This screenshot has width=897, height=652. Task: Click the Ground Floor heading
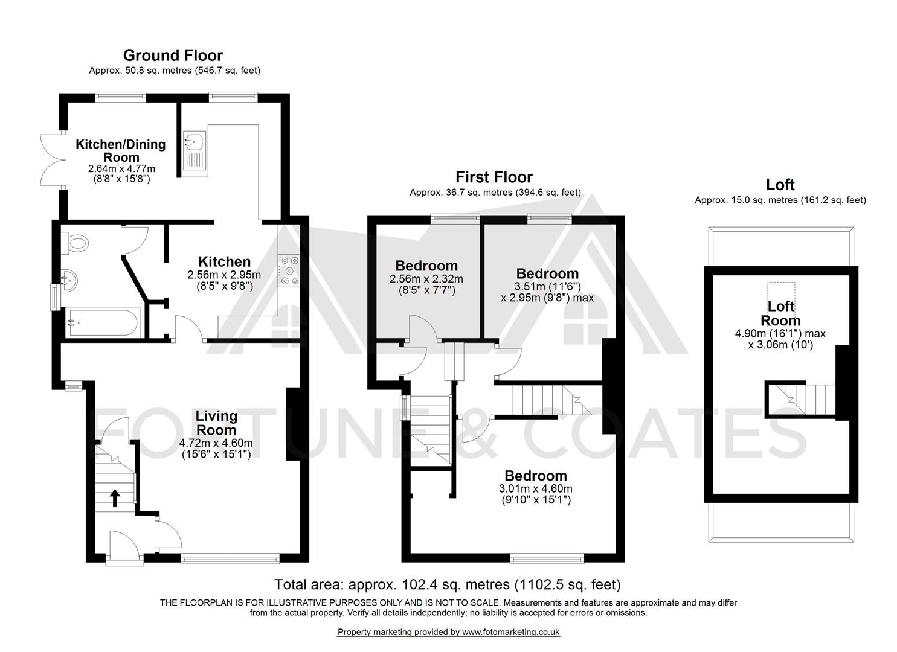(x=173, y=55)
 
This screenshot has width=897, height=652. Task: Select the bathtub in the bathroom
(x=103, y=322)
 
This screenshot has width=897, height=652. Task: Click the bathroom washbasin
(x=69, y=280)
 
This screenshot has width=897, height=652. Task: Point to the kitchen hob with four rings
(x=290, y=271)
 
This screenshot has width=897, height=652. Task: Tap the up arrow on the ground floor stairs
(x=115, y=498)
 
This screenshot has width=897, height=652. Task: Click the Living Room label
(x=216, y=423)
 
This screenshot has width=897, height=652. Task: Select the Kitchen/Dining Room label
(x=121, y=150)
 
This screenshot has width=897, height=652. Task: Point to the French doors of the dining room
(x=53, y=160)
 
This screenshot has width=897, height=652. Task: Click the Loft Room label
(x=780, y=313)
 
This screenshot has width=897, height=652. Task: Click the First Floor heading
(x=494, y=177)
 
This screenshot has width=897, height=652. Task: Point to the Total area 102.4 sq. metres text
(x=448, y=585)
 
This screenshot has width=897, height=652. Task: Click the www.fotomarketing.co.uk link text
(x=510, y=632)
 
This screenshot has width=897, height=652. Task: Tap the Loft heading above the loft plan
(x=780, y=185)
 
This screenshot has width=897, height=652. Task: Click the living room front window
(x=230, y=559)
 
